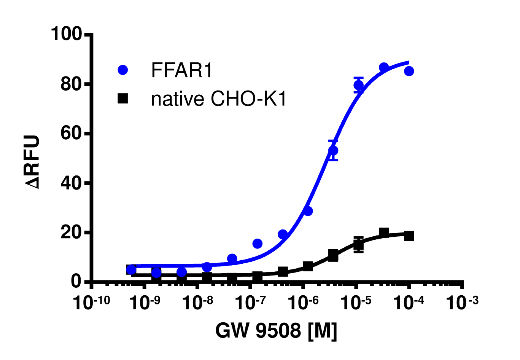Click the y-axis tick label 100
coord(66,34)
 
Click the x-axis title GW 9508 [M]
coord(276,330)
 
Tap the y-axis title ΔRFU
coord(33,162)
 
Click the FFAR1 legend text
coord(181,70)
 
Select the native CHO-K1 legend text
coord(218,99)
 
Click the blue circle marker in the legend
coord(123,70)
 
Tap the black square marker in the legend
coord(123,99)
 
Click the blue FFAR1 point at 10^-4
coord(409,71)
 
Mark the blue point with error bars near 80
coord(358,85)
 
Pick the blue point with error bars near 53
coord(333,150)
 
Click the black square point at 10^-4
coord(409,236)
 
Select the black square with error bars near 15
coord(358,245)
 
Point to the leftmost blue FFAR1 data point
coord(131,270)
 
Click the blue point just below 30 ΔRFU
coord(308,211)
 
